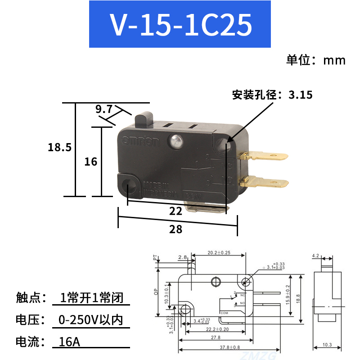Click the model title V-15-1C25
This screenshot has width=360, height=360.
180,25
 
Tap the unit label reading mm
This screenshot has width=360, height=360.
334,60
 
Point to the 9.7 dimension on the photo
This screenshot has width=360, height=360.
103,109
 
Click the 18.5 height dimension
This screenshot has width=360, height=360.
59,147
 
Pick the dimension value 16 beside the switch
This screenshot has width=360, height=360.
91,161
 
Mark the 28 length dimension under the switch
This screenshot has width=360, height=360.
176,229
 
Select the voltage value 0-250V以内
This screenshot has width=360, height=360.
90,320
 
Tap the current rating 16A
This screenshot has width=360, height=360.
69,342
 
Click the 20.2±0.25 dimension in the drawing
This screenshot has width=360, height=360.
219,253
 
